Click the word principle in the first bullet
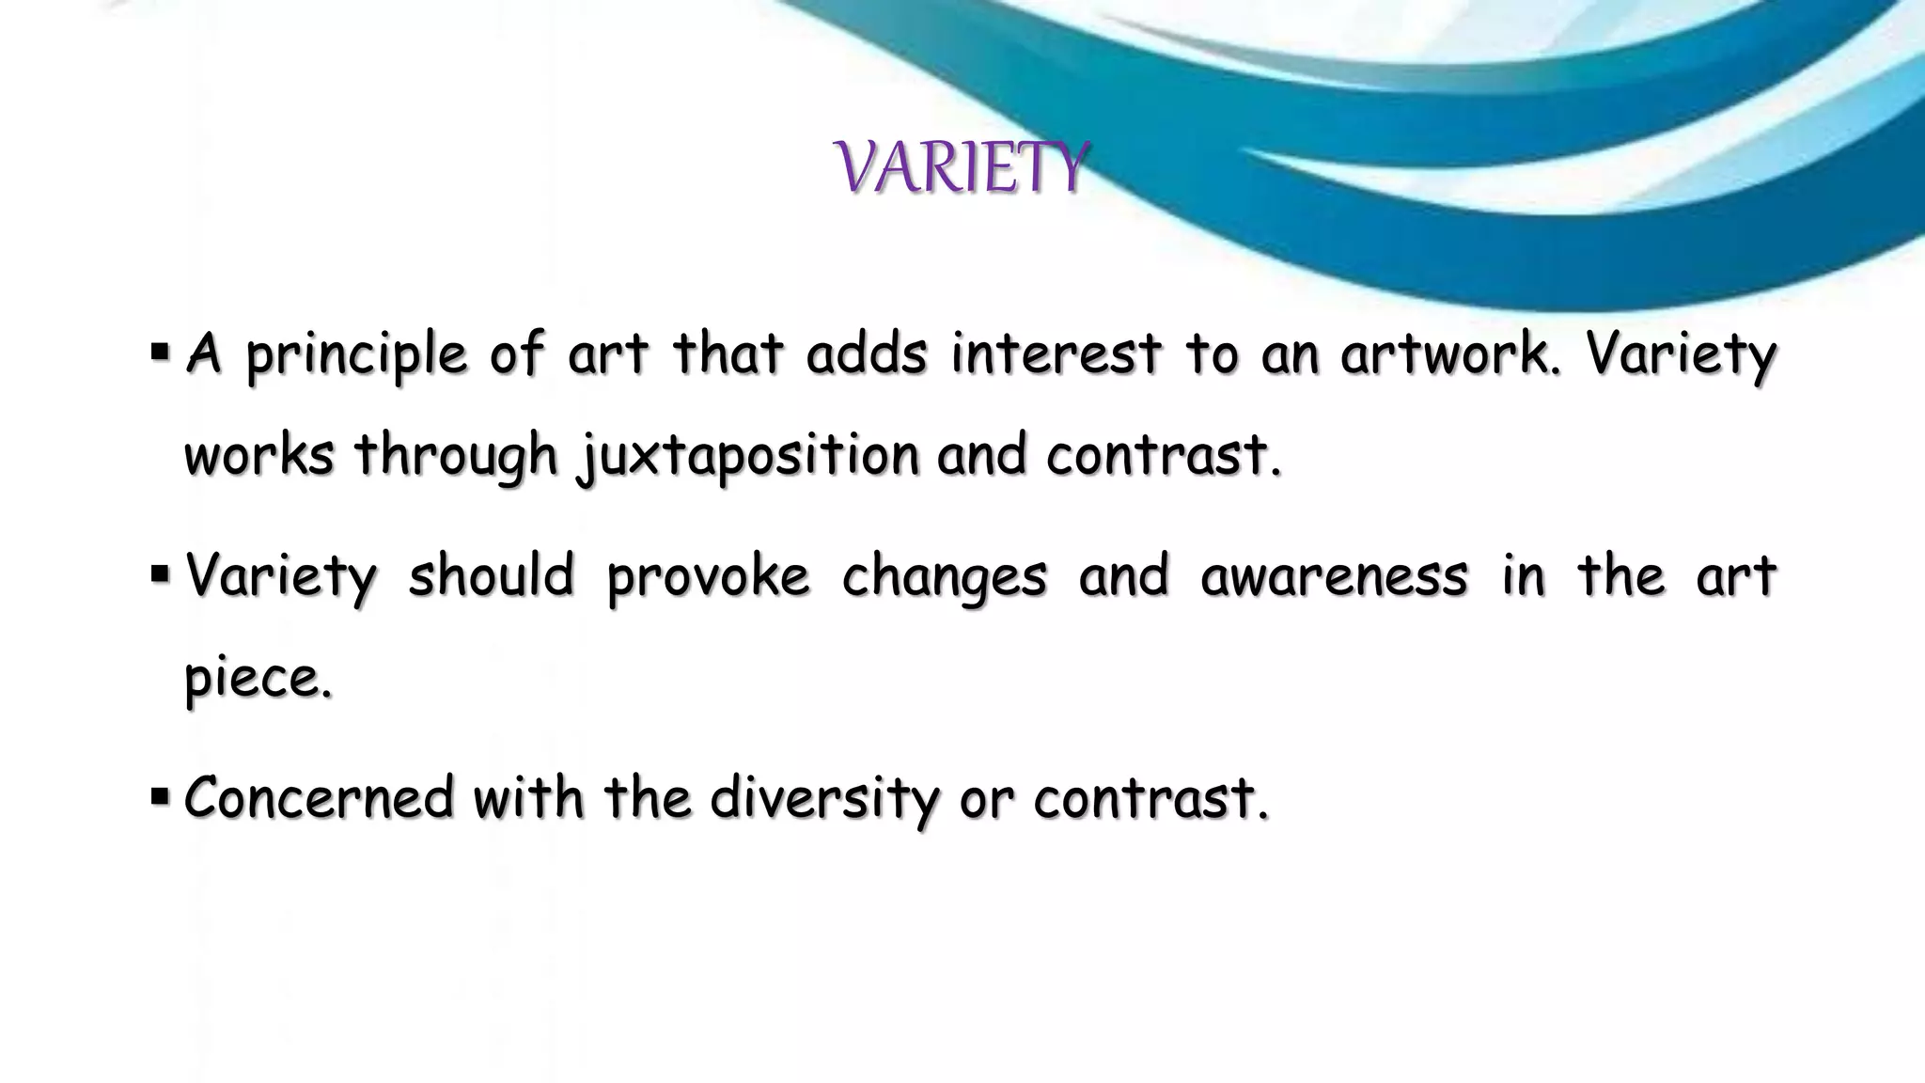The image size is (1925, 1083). pyautogui.click(x=357, y=355)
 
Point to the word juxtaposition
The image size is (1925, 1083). pyautogui.click(x=748, y=457)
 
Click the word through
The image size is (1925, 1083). pyautogui.click(x=456, y=457)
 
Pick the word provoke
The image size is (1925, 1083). pyautogui.click(x=708, y=576)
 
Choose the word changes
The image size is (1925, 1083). pyautogui.click(x=943, y=576)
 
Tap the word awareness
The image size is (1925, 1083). pyautogui.click(x=1333, y=574)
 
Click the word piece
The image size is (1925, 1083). pyautogui.click(x=258, y=678)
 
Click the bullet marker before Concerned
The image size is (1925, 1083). pyautogui.click(x=159, y=797)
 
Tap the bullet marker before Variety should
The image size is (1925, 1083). pyautogui.click(x=159, y=574)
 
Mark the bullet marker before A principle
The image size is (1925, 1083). pyautogui.click(x=159, y=353)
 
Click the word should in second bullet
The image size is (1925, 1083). pyautogui.click(x=490, y=574)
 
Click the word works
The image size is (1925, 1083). pyautogui.click(x=258, y=455)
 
